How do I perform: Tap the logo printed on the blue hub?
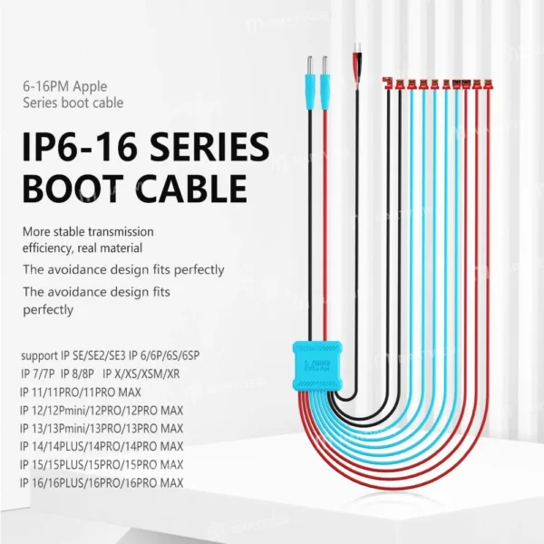(x=317, y=366)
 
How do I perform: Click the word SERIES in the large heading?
(x=209, y=147)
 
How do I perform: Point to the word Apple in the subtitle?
(x=90, y=87)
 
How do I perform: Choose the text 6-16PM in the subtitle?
(x=46, y=86)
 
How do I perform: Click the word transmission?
(x=121, y=231)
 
